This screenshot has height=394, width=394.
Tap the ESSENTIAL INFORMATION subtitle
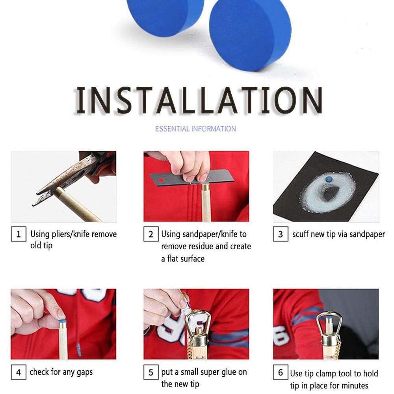point(195,129)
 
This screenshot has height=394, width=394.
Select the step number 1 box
point(18,234)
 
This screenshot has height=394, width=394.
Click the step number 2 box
point(151,234)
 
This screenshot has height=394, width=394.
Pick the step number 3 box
point(280,234)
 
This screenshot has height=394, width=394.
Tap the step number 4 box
point(18,372)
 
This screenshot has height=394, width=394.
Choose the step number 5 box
point(151,372)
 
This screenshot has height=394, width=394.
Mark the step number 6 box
point(280,373)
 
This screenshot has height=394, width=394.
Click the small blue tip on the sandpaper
point(328,179)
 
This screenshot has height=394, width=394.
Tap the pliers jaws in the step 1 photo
point(63,179)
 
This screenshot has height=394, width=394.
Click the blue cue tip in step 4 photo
point(62,321)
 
